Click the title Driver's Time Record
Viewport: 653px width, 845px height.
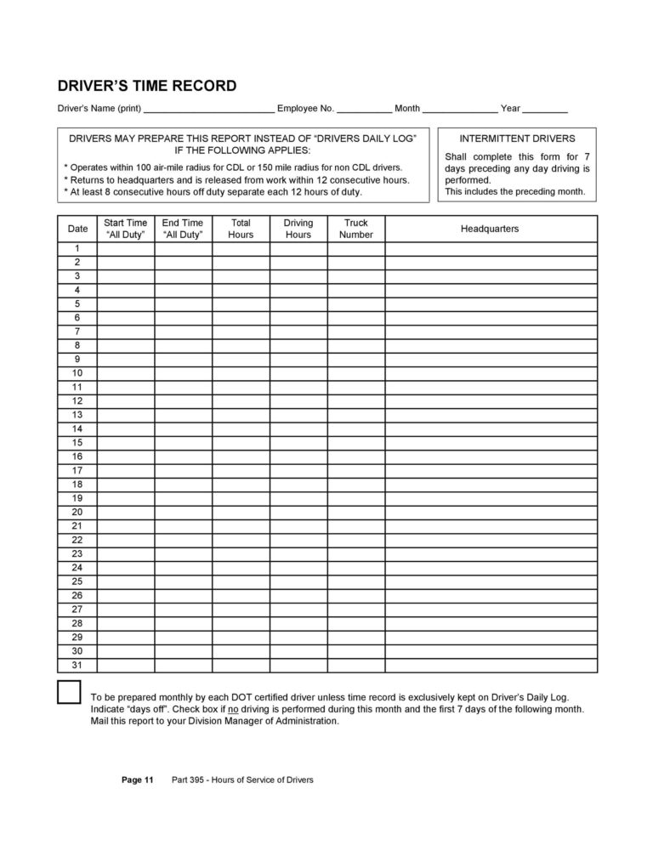click(x=146, y=87)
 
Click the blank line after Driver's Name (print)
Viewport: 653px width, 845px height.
click(x=209, y=109)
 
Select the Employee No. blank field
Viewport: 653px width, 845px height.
click(x=365, y=109)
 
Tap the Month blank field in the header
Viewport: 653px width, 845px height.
click(x=460, y=109)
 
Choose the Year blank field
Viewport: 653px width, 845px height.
click(x=545, y=109)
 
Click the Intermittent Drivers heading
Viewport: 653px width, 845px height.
click(x=517, y=138)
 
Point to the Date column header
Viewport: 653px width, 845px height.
click(x=77, y=229)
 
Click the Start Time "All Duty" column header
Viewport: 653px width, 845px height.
click(x=126, y=229)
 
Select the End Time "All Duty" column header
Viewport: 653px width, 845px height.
click(x=183, y=229)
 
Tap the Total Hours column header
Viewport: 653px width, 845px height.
click(x=241, y=229)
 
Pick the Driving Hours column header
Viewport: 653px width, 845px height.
click(x=298, y=229)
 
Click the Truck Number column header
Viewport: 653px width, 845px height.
click(x=356, y=229)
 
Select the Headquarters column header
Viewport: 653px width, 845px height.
click(x=490, y=229)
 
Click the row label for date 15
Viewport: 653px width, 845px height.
click(x=77, y=443)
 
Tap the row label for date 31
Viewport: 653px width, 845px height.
click(x=77, y=666)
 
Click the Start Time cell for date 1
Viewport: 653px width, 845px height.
click(x=126, y=248)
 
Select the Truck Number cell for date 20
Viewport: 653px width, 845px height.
click(x=356, y=513)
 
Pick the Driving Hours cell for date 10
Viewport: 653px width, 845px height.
click(x=298, y=373)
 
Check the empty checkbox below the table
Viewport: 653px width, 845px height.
click(x=69, y=692)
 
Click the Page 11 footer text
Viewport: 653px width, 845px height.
click(x=137, y=780)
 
